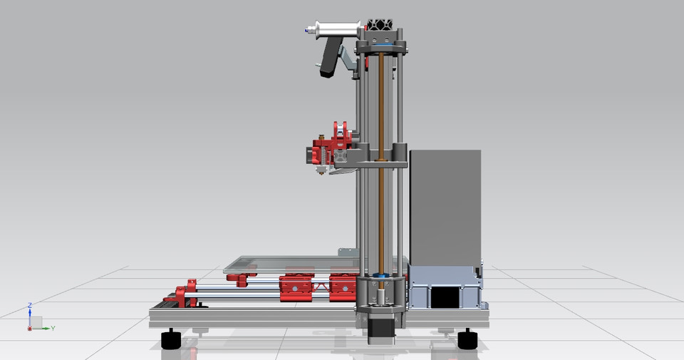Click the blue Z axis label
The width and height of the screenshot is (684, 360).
click(29, 305)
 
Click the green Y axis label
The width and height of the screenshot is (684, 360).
click(53, 329)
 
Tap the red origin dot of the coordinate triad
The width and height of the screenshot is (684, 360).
click(29, 329)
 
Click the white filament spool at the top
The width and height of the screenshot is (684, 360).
click(335, 31)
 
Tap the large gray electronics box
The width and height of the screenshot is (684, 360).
click(446, 207)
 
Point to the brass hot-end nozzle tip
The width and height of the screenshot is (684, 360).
click(322, 172)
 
